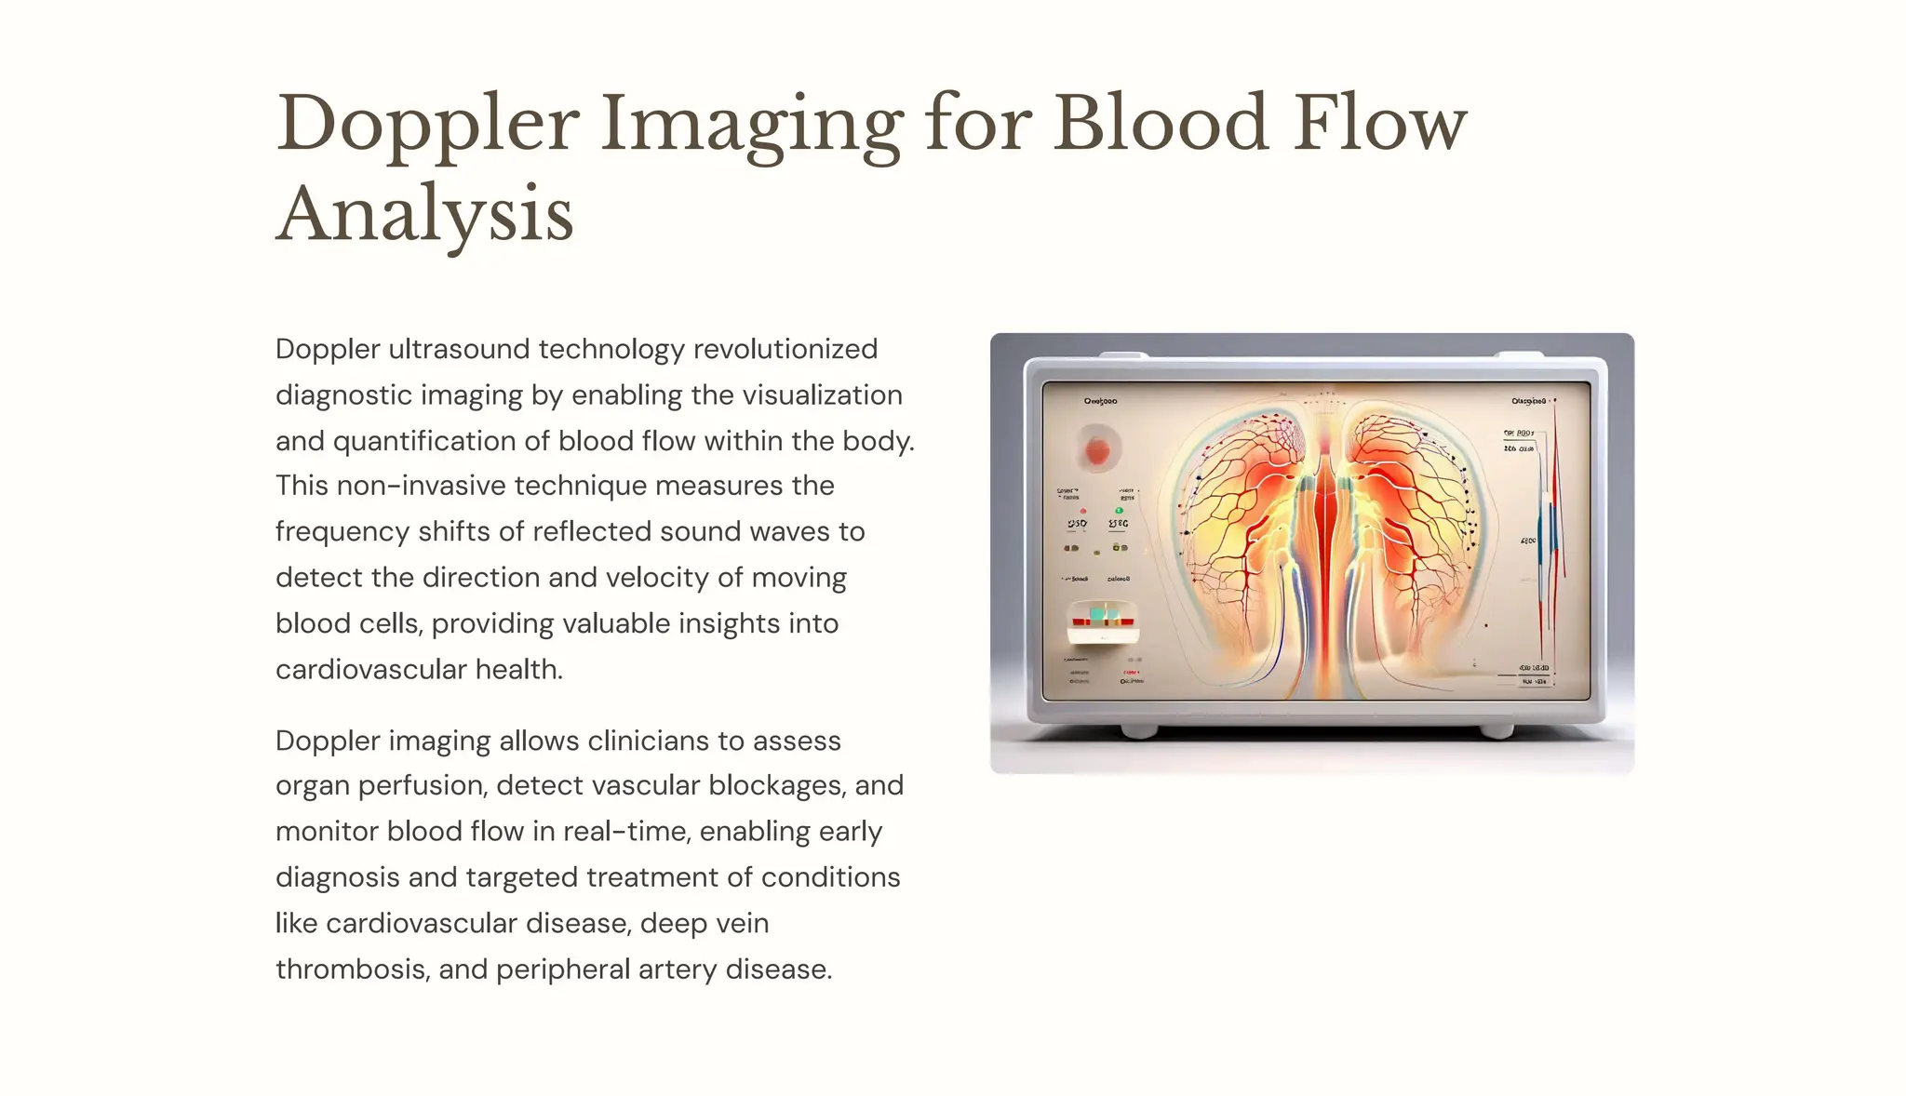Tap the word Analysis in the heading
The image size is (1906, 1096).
(424, 216)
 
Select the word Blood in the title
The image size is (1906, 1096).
(1161, 124)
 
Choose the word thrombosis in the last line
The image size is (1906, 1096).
(350, 969)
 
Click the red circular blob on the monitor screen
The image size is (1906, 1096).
(1098, 451)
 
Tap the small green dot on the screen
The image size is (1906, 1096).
(1119, 510)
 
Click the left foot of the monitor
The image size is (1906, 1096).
(1138, 730)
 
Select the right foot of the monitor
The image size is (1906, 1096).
(1496, 730)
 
